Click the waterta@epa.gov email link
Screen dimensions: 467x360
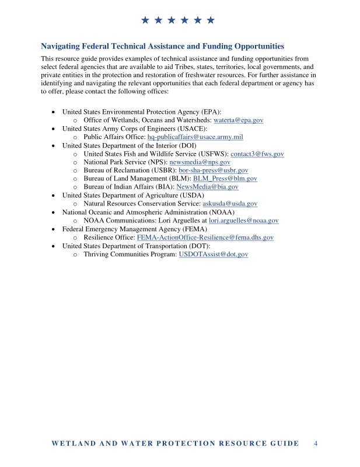239,120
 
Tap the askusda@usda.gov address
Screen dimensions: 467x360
229,204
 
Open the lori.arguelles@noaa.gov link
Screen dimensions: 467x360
243,221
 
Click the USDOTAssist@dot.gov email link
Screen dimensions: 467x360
214,255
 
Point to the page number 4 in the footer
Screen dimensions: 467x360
316,443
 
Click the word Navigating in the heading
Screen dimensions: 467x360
62,46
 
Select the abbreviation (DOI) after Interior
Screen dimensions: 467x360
184,145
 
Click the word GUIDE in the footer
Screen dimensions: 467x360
283,444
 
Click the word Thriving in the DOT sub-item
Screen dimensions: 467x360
98,255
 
